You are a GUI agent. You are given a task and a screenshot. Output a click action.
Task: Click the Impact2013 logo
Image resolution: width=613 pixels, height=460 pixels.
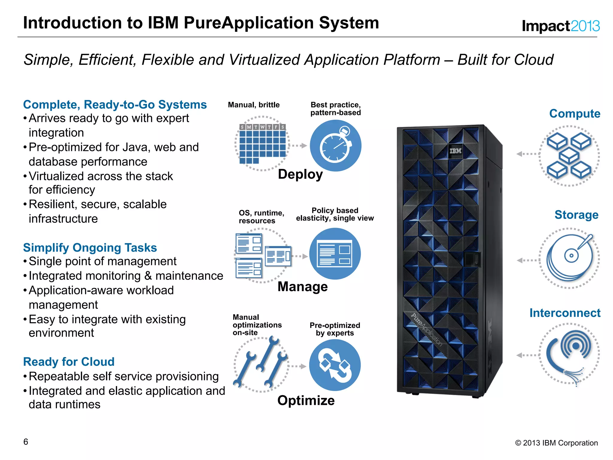[561, 26]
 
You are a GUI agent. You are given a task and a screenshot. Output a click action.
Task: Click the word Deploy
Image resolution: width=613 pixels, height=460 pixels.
[300, 174]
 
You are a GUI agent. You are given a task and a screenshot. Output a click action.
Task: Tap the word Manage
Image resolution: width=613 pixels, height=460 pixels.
[303, 287]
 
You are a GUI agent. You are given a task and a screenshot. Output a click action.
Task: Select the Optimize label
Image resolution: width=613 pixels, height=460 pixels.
[306, 400]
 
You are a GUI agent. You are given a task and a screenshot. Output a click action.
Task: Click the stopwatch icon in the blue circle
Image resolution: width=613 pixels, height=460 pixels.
[336, 146]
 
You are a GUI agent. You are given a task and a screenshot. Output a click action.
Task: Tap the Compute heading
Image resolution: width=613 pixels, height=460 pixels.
[575, 114]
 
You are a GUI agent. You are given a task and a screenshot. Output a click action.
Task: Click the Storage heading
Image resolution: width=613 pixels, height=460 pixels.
[576, 215]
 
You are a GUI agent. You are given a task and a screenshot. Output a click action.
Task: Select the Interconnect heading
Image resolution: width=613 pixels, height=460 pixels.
[565, 313]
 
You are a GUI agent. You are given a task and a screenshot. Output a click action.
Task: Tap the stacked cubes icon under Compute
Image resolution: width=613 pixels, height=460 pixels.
[569, 156]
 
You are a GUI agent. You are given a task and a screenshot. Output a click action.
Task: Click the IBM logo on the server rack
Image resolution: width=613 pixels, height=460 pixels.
[455, 151]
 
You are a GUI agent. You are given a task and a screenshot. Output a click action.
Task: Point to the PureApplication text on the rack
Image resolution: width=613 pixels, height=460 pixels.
[426, 330]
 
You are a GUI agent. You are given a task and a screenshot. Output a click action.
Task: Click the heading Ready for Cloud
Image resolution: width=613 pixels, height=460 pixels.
[69, 362]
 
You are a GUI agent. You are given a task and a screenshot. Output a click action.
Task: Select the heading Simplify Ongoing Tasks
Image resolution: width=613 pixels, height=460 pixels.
[90, 248]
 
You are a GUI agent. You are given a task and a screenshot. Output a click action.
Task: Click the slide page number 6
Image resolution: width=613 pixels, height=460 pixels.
[26, 442]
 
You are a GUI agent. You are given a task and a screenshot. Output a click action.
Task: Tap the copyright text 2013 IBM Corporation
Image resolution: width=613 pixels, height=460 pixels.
[556, 443]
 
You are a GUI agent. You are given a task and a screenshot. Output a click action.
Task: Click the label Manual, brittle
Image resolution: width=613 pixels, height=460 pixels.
[254, 105]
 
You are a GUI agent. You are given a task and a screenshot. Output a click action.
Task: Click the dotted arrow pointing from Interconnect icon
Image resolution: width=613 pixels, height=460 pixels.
[527, 355]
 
